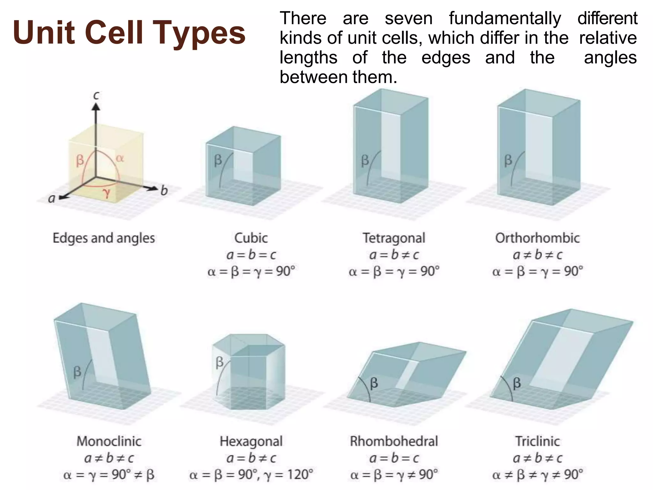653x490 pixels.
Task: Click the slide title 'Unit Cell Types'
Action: click(x=129, y=32)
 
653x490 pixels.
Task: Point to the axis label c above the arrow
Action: click(x=96, y=95)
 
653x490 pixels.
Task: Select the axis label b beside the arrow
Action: click(x=164, y=190)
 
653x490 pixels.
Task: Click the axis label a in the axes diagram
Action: click(x=52, y=198)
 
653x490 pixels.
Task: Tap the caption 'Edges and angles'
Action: click(x=104, y=238)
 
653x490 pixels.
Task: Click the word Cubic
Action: click(x=251, y=238)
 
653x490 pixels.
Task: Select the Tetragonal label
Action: click(x=394, y=238)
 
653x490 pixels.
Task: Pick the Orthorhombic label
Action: click(x=537, y=238)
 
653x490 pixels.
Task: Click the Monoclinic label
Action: click(x=109, y=441)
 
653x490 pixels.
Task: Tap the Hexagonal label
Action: click(x=251, y=442)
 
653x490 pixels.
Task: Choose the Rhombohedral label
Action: click(x=394, y=441)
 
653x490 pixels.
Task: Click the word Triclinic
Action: click(x=538, y=441)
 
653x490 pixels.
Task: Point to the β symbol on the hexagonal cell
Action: click(x=220, y=362)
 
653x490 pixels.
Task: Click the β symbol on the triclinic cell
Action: click(x=517, y=382)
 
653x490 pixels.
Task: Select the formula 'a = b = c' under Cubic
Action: click(x=251, y=255)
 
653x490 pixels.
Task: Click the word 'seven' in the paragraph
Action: click(x=409, y=18)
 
